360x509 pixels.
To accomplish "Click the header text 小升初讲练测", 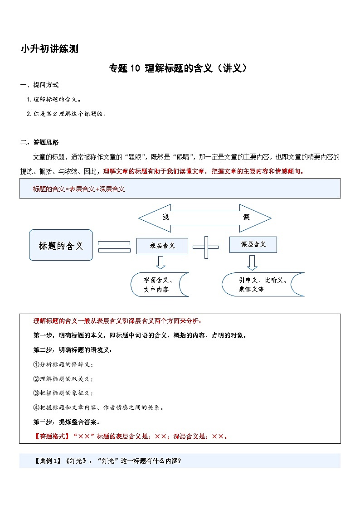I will pos(49,49).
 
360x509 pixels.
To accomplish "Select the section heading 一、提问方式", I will pos(39,85).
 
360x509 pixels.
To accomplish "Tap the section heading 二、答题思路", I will pos(39,142).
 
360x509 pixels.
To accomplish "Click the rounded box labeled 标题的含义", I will pos(61,245).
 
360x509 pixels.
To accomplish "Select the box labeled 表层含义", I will pos(162,246).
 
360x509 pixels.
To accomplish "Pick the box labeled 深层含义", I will pos(253,244).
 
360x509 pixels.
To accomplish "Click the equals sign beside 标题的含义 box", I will pos(114,246).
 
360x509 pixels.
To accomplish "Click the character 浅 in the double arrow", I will pos(166,218).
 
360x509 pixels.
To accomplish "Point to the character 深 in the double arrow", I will pos(246,218).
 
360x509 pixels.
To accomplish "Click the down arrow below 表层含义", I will pos(161,262).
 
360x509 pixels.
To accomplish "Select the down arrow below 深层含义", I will pos(252,262).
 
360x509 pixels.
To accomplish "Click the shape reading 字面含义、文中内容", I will pos(158,285).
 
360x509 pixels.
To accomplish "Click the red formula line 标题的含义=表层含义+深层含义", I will pos(79,189).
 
